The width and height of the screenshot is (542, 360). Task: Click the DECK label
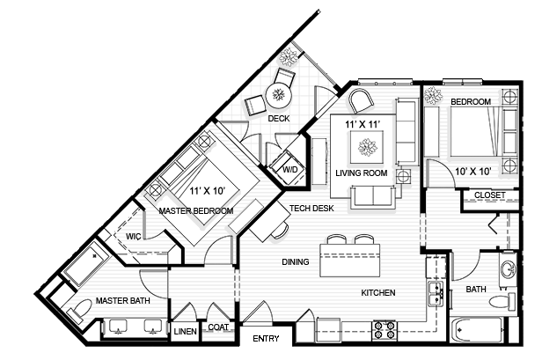(279, 118)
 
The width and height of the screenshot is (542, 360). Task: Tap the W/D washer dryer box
(289, 168)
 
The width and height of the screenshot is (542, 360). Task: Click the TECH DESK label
(311, 209)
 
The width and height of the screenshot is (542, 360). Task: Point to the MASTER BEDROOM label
(195, 211)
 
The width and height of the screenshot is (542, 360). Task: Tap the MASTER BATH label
(122, 301)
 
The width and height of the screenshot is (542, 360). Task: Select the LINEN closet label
(185, 332)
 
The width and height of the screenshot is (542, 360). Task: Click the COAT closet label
(218, 327)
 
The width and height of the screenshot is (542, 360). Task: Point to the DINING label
(297, 261)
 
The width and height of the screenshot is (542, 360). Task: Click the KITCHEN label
(377, 293)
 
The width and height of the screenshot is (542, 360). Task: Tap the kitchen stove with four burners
(385, 330)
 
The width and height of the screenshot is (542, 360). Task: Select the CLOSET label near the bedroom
(489, 195)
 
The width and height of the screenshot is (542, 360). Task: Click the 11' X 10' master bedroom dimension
(207, 190)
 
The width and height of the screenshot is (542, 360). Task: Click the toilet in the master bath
(79, 309)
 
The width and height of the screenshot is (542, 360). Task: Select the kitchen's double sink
(432, 292)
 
